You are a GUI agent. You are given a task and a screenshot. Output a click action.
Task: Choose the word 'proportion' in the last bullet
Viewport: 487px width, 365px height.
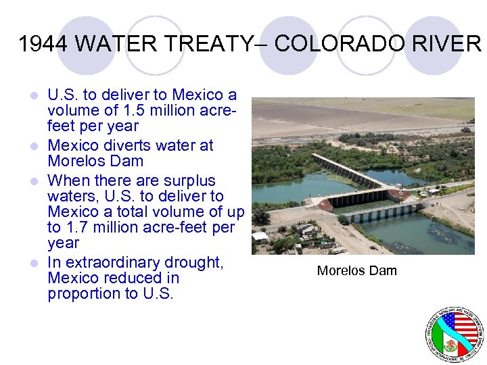(x=80, y=294)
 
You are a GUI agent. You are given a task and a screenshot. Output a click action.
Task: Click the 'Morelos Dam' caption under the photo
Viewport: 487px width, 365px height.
(x=356, y=271)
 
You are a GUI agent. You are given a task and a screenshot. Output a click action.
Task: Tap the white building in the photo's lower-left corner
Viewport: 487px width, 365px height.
(x=260, y=238)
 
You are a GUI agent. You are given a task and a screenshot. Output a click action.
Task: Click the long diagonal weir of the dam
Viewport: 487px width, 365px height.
(x=348, y=172)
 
